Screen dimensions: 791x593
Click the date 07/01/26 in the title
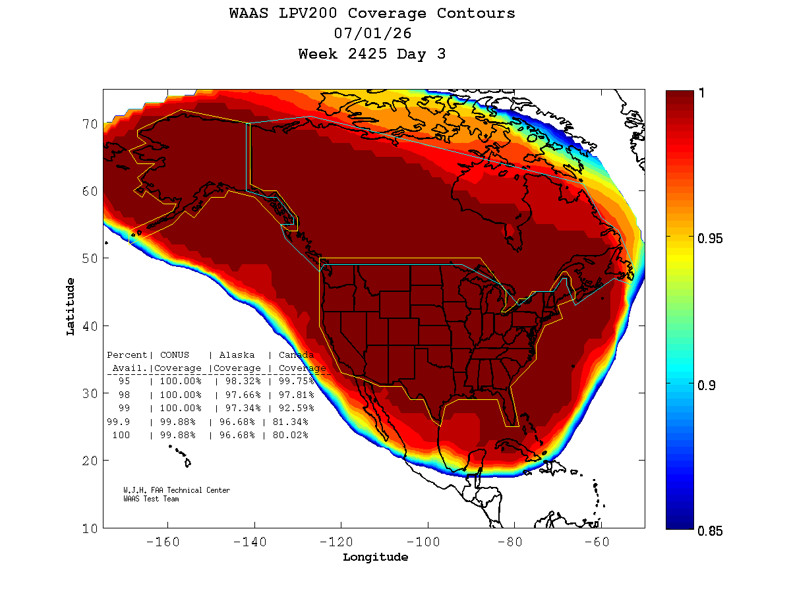[372, 34]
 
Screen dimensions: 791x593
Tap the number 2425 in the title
[367, 54]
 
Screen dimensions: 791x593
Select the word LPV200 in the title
[307, 13]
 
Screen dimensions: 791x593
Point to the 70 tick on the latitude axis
[90, 125]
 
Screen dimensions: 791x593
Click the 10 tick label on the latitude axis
[90, 529]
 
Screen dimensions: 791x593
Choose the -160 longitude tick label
[163, 542]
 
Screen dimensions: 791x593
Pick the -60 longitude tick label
[597, 542]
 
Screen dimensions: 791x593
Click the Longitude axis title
[375, 557]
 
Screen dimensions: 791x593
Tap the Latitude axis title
[71, 307]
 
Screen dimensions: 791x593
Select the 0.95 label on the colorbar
[709, 239]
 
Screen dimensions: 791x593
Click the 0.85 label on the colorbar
[709, 531]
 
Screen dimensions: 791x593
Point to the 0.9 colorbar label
[707, 385]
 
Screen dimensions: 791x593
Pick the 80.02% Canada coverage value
[290, 435]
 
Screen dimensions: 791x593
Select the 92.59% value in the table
[296, 408]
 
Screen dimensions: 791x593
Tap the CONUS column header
[175, 354]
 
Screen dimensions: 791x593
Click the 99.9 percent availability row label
[118, 422]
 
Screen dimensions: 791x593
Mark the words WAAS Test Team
[151, 499]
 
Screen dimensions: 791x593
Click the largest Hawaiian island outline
[187, 463]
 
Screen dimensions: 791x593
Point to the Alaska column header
[237, 354]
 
